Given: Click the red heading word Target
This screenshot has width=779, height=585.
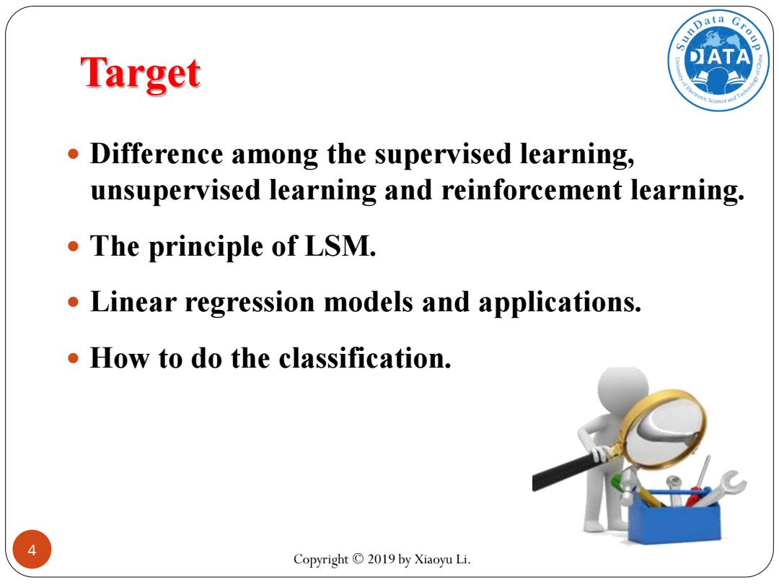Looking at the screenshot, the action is pos(141,74).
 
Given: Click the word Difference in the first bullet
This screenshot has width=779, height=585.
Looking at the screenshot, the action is pos(157,154).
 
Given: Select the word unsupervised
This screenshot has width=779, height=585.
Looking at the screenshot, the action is pos(175,191).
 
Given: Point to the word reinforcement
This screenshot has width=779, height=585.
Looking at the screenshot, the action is pos(532,190).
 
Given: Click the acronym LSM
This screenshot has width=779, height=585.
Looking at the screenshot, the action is pos(340,246).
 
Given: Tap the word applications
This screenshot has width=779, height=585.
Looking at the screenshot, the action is pos(560,303).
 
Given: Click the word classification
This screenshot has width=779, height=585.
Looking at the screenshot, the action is pos(365,358).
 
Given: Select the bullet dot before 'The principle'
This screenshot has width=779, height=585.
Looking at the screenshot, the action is pos(74,246).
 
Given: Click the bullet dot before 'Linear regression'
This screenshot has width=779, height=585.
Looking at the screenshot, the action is pos(74,302).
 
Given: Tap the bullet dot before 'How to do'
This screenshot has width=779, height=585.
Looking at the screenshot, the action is pos(74,357).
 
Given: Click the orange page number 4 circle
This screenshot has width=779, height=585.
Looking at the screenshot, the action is pos(32,550).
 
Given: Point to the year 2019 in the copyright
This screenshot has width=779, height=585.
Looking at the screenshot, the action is pos(381,559).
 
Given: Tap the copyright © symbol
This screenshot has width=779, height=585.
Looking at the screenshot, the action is pos(358,559).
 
